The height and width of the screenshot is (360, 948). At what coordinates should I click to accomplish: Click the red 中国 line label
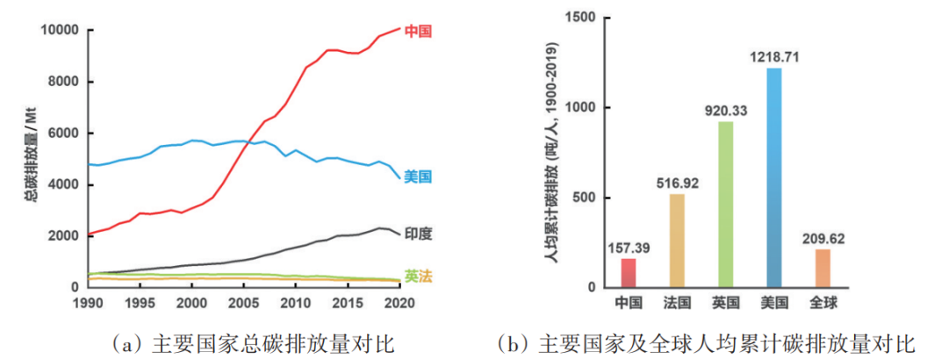(x=419, y=32)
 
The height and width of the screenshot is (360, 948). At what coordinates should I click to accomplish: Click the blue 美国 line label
(x=418, y=177)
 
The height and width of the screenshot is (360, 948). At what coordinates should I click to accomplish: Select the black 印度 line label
(x=419, y=234)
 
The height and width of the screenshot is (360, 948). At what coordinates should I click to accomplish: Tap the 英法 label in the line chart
(x=418, y=276)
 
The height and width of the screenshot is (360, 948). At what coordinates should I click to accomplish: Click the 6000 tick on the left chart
(x=63, y=133)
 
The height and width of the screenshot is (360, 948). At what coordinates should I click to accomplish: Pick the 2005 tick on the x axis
(x=241, y=303)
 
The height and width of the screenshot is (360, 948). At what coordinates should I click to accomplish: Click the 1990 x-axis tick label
(x=89, y=303)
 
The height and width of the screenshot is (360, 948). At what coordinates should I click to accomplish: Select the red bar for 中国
(x=628, y=273)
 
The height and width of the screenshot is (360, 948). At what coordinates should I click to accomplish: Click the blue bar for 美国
(x=773, y=177)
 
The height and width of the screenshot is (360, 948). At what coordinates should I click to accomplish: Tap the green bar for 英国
(x=725, y=205)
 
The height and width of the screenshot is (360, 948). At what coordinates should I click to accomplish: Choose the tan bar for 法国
(x=677, y=241)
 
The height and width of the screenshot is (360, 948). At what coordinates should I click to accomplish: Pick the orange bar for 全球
(x=822, y=268)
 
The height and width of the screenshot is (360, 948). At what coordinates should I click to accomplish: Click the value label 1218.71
(x=773, y=58)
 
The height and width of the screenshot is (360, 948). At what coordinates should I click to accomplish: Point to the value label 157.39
(x=628, y=248)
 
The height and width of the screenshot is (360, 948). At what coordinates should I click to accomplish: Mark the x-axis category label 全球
(x=822, y=303)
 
